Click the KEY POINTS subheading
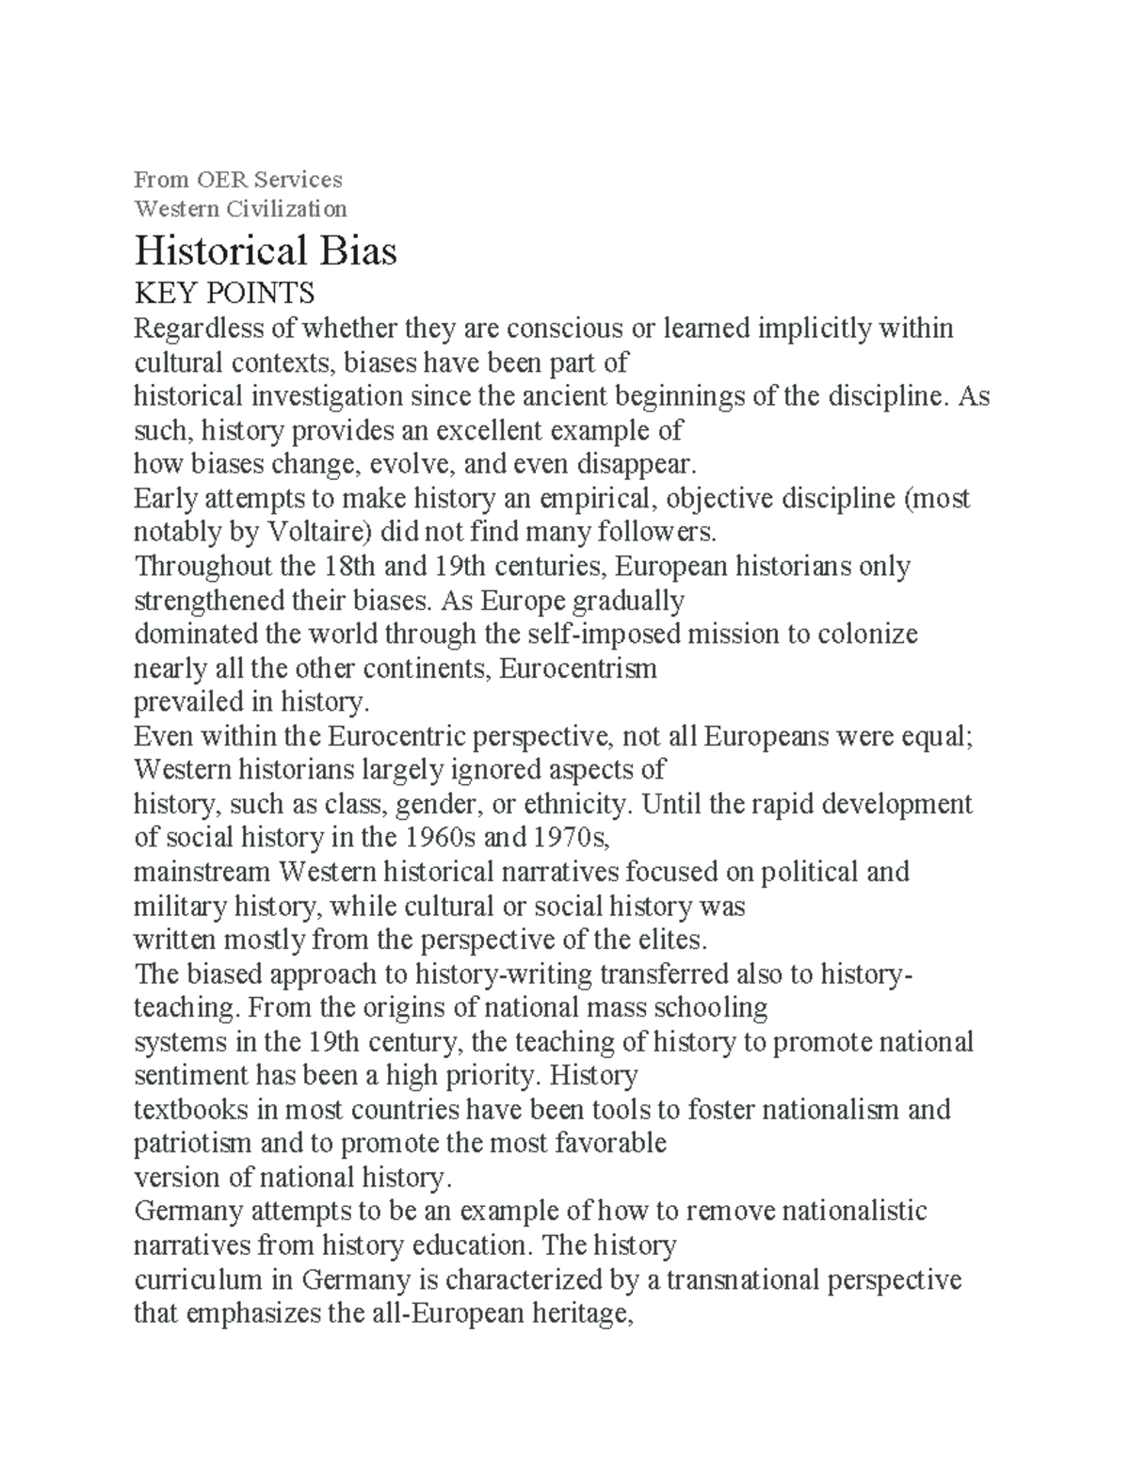(224, 294)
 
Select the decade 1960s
(440, 839)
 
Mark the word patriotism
(192, 1144)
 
